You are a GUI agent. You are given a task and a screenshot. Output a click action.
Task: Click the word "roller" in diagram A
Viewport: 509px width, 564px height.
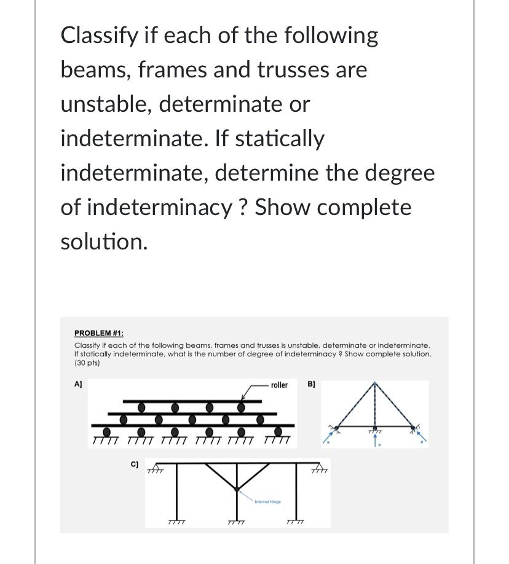(278, 385)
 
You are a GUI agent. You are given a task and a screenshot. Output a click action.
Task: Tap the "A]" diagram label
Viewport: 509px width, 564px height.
(78, 384)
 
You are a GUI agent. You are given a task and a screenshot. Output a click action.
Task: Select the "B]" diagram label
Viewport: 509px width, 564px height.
(311, 384)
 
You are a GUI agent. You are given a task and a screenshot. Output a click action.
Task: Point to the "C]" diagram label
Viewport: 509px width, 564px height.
(134, 464)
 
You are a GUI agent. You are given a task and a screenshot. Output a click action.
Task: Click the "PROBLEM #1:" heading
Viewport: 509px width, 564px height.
(99, 333)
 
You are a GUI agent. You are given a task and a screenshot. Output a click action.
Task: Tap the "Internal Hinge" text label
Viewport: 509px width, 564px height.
(267, 502)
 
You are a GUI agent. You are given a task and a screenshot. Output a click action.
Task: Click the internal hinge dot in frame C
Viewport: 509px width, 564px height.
(237, 488)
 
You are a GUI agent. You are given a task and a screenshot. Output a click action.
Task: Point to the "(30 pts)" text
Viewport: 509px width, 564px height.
(87, 363)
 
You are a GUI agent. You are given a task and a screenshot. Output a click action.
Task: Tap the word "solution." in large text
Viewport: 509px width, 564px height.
(104, 241)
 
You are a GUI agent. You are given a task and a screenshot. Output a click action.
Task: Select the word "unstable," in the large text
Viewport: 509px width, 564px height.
(106, 104)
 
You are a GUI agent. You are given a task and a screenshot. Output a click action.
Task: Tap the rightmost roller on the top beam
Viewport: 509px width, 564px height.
(242, 407)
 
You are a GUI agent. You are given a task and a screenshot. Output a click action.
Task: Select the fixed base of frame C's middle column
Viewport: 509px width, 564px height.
(236, 522)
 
